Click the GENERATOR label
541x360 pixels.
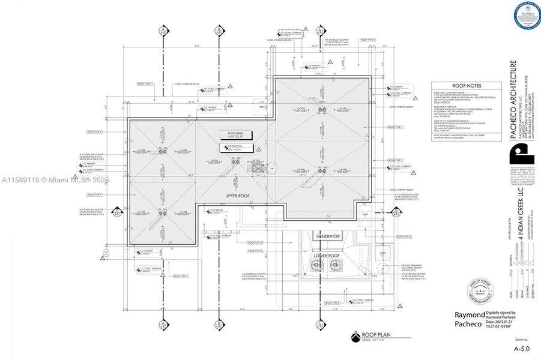[328, 236]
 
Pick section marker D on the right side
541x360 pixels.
[396, 211]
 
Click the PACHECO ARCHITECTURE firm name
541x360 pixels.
[513, 100]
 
